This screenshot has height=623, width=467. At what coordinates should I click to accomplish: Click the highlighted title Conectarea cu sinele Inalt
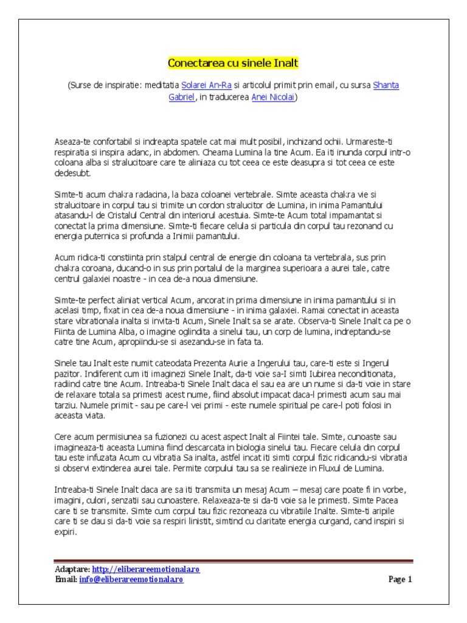click(x=233, y=63)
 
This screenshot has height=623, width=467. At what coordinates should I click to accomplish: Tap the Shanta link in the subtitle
click(x=386, y=85)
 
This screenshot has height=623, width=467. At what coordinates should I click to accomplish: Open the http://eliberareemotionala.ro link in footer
click(x=146, y=569)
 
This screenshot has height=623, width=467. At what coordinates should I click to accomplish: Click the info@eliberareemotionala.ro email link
click(x=131, y=579)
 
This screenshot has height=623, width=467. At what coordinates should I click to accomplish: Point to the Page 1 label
click(x=400, y=579)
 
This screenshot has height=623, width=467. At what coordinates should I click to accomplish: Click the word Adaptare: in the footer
click(x=72, y=569)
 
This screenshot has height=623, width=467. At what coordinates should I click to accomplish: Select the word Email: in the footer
click(x=66, y=579)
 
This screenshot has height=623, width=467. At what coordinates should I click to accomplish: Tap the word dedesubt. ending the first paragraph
click(x=72, y=173)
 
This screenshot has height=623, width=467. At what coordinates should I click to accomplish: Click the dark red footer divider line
click(x=233, y=561)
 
